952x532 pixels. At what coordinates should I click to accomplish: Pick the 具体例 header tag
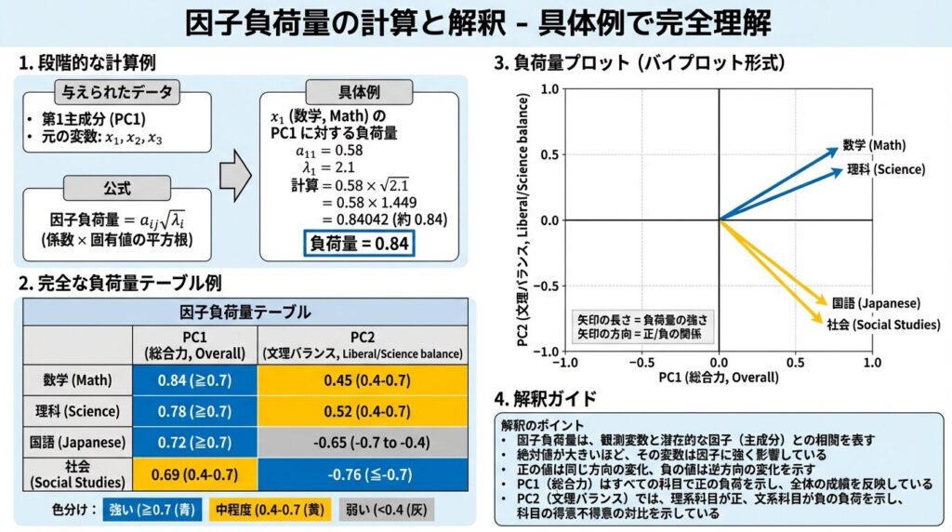click(x=358, y=93)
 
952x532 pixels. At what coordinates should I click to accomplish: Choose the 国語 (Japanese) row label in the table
click(x=78, y=443)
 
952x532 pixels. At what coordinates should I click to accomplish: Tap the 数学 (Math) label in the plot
click(x=874, y=145)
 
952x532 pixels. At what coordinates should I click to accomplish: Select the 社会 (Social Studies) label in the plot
click(x=883, y=325)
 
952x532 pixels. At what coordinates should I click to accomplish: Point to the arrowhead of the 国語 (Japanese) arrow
click(x=824, y=300)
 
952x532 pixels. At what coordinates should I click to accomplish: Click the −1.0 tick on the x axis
click(x=565, y=361)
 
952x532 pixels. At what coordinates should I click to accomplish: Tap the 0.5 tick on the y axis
click(x=547, y=154)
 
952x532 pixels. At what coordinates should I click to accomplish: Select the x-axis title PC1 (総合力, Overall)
click(x=719, y=378)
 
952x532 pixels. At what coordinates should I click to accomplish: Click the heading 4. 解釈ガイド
click(x=546, y=399)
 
